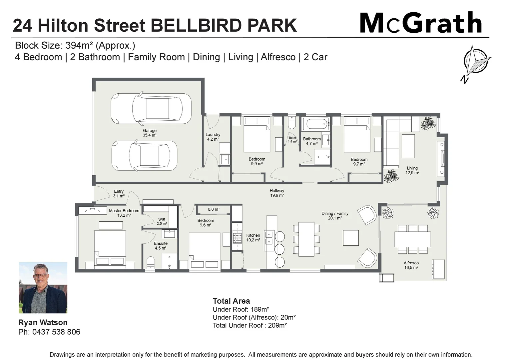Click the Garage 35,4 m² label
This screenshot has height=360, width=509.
pos(150,133)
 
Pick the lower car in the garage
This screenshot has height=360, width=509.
pos(144,156)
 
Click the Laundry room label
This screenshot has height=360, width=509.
pos(213,137)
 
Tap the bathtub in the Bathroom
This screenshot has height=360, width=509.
pos(315,124)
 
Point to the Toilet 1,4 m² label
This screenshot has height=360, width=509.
pos(292,140)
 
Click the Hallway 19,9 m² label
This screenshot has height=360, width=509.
pos(277,193)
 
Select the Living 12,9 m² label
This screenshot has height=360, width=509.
pos(412,170)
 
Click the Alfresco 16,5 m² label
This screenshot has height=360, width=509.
pos(411,265)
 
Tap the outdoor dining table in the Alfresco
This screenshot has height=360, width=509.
pos(412,239)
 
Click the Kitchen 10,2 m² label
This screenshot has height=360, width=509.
pos(253,237)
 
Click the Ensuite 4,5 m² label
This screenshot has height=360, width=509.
pos(161,246)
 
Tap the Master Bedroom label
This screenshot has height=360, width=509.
pos(124,213)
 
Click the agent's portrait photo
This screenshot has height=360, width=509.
pos(43,288)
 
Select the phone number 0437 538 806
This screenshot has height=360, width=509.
pos(56,332)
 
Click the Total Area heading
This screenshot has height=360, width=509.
pos(231,301)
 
